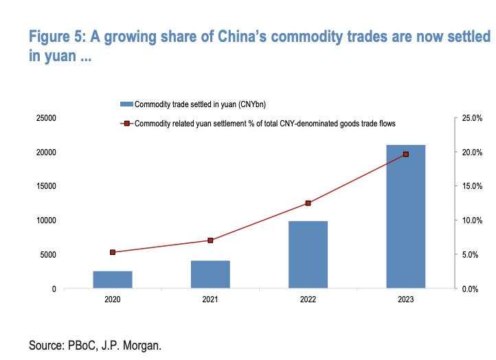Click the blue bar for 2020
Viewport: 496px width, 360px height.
(x=113, y=280)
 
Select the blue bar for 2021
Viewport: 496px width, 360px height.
(x=210, y=274)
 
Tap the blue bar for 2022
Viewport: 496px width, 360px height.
(x=308, y=255)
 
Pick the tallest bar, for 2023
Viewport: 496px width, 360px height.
(x=405, y=216)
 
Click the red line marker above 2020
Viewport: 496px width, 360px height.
(x=113, y=252)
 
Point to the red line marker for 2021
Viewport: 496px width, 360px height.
(x=210, y=240)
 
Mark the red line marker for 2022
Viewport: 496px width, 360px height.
(x=308, y=203)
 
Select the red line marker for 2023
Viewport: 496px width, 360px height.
(x=405, y=154)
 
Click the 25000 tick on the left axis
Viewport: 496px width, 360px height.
(x=46, y=118)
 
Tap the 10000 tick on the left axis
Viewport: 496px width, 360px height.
(x=46, y=221)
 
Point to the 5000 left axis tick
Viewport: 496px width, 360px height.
(x=48, y=255)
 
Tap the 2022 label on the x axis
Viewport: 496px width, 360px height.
(x=308, y=300)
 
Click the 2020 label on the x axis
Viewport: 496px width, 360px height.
(x=113, y=300)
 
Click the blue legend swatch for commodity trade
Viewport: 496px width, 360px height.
(x=126, y=104)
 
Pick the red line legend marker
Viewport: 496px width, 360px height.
(x=126, y=124)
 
